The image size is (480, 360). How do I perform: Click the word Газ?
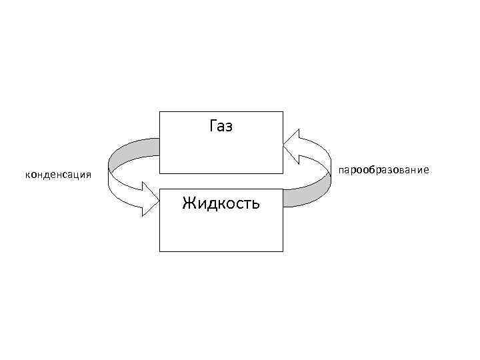click(221, 125)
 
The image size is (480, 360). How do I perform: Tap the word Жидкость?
click(221, 203)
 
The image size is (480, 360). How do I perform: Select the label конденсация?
click(58, 175)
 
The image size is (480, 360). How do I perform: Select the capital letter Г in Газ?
click(213, 125)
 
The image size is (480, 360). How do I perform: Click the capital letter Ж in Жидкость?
click(189, 203)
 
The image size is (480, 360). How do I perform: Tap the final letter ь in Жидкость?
click(255, 203)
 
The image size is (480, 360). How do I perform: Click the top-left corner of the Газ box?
click(160, 111)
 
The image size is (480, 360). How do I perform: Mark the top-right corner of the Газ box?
click(283, 111)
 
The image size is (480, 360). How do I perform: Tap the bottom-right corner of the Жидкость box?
click(283, 251)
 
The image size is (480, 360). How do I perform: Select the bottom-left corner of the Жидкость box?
click(160, 251)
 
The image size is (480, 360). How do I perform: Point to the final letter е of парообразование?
click(425, 171)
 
